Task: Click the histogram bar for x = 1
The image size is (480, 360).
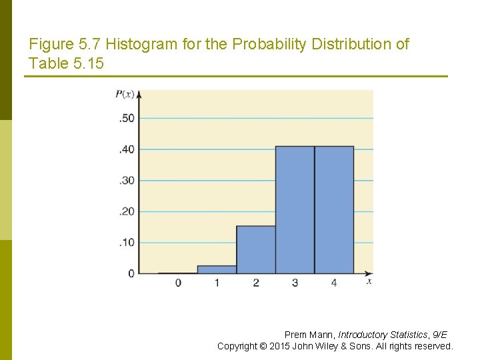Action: [217, 269]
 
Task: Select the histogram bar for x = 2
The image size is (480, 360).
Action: [256, 250]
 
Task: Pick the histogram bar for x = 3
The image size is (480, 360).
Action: [295, 210]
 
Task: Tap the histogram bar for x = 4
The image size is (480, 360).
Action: [334, 210]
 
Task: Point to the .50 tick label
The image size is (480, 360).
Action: [126, 119]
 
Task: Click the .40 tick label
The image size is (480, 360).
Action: [126, 149]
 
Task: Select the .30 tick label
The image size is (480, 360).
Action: [126, 181]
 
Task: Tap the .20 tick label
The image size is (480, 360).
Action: [126, 211]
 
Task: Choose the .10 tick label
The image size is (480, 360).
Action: [126, 243]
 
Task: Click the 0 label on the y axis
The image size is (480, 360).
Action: [131, 273]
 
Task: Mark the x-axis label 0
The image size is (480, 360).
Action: [178, 283]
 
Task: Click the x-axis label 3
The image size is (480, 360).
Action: [295, 283]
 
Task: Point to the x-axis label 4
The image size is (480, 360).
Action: [334, 283]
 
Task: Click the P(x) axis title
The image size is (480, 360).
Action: [125, 94]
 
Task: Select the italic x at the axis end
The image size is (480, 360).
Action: [369, 282]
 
